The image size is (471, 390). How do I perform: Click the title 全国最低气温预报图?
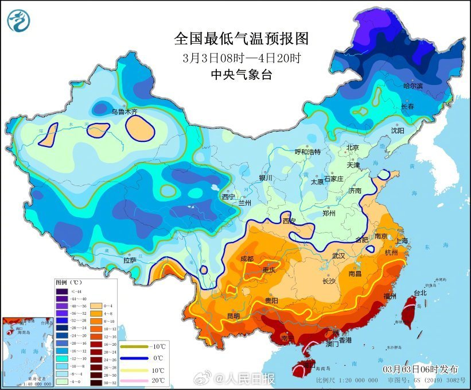[x=241, y=38]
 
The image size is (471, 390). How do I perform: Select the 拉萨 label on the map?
[x=130, y=260]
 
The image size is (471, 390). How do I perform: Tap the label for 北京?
[x=352, y=148]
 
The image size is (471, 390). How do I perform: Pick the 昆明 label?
[x=233, y=315]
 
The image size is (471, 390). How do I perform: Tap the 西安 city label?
[x=290, y=221]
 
